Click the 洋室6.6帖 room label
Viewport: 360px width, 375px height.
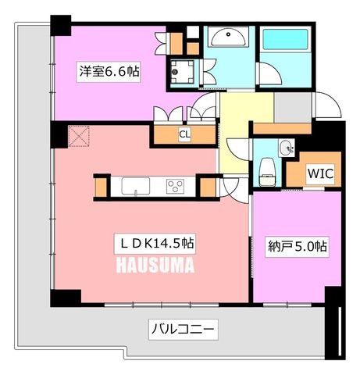[109, 72]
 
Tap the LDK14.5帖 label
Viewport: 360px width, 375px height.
[155, 244]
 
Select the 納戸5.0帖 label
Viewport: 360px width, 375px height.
[298, 246]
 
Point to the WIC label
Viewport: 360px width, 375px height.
[320, 173]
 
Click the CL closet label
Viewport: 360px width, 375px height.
[184, 134]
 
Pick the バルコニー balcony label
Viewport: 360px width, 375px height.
[183, 330]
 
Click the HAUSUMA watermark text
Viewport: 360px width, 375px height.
[155, 266]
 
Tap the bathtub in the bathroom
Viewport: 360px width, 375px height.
[285, 39]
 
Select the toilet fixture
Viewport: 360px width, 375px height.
[268, 172]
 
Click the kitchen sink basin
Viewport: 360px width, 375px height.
[136, 186]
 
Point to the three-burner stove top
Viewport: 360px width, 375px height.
[175, 186]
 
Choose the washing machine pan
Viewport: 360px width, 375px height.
[183, 72]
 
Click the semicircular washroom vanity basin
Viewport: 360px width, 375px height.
[228, 37]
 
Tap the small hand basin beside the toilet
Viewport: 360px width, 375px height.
[287, 148]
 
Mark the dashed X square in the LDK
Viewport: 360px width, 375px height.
[79, 136]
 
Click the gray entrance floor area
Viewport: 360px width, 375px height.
[293, 107]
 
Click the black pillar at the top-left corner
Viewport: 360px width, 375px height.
[61, 25]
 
